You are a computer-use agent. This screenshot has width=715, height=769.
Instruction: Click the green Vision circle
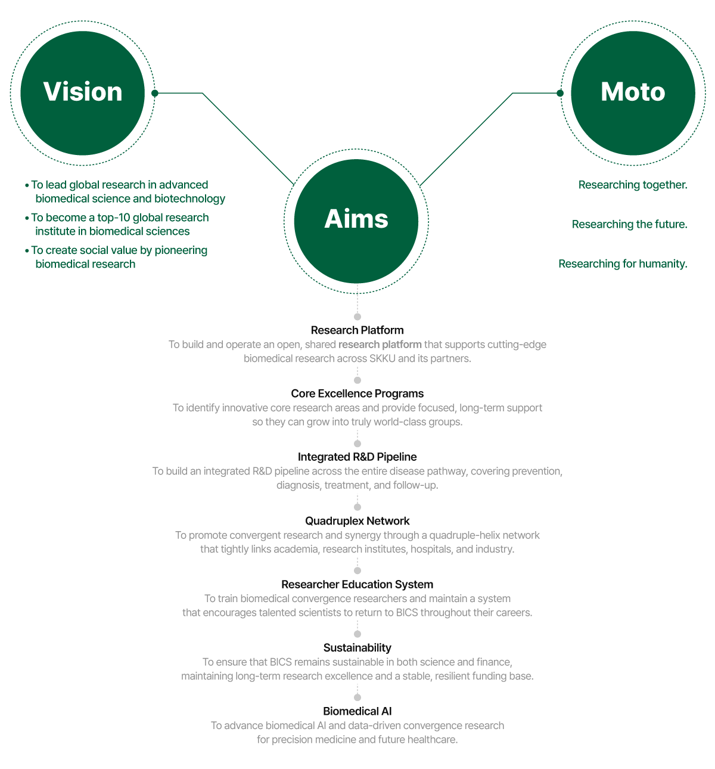pos(83,93)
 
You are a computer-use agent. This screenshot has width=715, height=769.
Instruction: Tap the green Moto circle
pos(633,93)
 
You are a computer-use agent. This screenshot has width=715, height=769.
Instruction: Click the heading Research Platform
pos(357,330)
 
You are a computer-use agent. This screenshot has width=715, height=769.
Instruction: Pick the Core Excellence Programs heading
pos(357,393)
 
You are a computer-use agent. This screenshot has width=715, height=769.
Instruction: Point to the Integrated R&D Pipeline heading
pos(357,457)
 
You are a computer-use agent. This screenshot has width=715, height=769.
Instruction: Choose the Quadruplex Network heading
pos(357,521)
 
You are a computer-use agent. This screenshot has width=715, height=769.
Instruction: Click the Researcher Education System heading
pos(357,585)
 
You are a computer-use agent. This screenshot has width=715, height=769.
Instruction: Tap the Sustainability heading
pos(357,648)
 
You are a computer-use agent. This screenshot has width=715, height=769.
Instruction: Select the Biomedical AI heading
pos(357,711)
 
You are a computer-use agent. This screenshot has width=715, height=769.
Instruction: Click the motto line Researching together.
pos(633,185)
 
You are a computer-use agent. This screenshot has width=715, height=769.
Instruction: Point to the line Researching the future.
pos(630,224)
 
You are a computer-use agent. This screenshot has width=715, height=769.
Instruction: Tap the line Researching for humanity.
pos(623,263)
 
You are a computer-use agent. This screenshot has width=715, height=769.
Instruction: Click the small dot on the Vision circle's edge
pos(155,93)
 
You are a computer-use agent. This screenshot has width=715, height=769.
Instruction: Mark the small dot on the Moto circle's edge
pos(560,93)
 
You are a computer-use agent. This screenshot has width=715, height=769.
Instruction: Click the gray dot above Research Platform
pos(357,317)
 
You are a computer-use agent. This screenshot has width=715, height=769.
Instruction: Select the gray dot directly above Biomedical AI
pos(357,697)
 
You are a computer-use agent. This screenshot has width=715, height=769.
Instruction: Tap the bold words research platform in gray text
pos(380,345)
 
